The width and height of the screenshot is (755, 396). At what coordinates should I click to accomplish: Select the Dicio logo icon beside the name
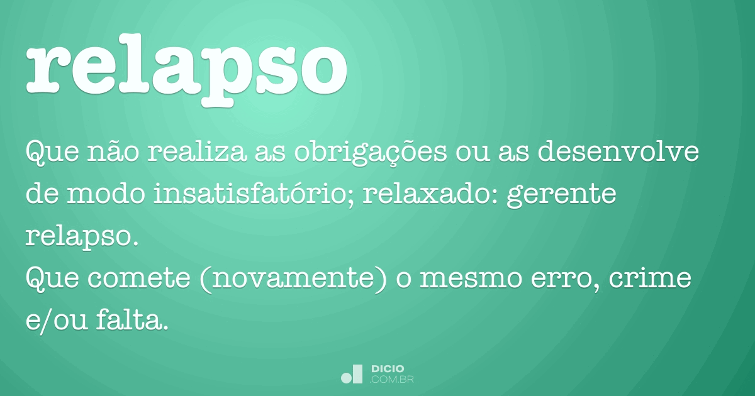tap(352, 373)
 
